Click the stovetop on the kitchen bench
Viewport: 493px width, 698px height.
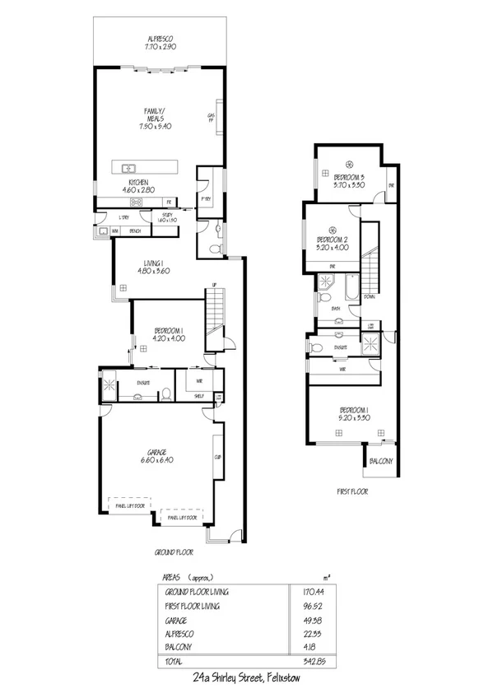point(136,201)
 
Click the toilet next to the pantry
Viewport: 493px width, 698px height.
point(216,248)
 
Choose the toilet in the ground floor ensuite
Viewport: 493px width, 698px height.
point(165,394)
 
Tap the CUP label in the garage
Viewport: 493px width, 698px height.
point(218,457)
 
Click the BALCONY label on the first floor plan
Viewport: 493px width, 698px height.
point(379,461)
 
